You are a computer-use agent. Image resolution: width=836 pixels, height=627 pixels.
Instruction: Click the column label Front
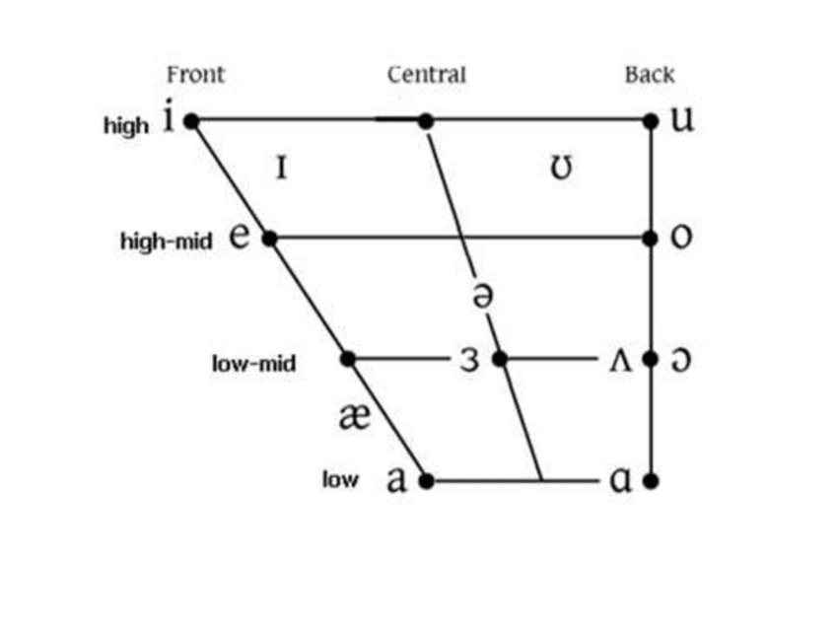[195, 74]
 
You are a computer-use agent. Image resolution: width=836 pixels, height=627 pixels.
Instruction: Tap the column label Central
[426, 74]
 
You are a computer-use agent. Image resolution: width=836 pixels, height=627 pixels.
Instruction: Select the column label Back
[649, 74]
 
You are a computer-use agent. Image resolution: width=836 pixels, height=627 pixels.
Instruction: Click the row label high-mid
[166, 242]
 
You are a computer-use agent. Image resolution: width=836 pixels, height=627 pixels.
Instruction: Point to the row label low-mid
[253, 363]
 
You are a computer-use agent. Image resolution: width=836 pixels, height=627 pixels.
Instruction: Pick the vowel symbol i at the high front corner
[168, 119]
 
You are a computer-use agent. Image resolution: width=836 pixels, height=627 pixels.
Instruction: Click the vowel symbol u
[681, 120]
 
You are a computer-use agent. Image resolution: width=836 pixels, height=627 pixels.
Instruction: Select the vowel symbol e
[240, 238]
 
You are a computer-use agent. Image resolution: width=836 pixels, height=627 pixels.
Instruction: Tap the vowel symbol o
[680, 239]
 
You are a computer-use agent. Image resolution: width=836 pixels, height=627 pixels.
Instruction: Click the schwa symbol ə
[481, 294]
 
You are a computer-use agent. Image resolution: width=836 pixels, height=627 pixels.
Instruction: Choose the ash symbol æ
[354, 417]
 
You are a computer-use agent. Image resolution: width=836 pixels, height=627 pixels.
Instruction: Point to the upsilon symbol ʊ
[560, 169]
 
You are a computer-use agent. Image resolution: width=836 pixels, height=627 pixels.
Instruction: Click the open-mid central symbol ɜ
[470, 360]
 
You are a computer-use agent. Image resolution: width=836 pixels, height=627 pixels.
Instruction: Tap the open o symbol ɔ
[680, 360]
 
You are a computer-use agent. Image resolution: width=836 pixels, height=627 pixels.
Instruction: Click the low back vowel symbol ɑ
[620, 481]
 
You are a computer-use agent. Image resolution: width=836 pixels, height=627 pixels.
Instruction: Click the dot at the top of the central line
[426, 120]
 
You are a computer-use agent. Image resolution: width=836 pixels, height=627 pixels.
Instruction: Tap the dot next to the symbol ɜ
[499, 359]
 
